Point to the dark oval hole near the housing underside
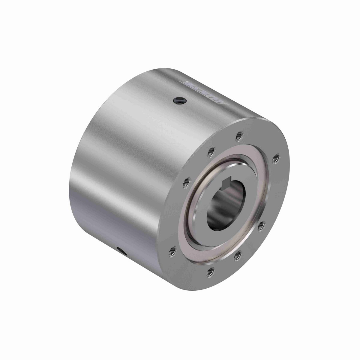(121, 250)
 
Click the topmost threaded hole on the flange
(239, 136)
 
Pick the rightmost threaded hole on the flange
(276, 158)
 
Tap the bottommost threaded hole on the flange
(211, 271)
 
